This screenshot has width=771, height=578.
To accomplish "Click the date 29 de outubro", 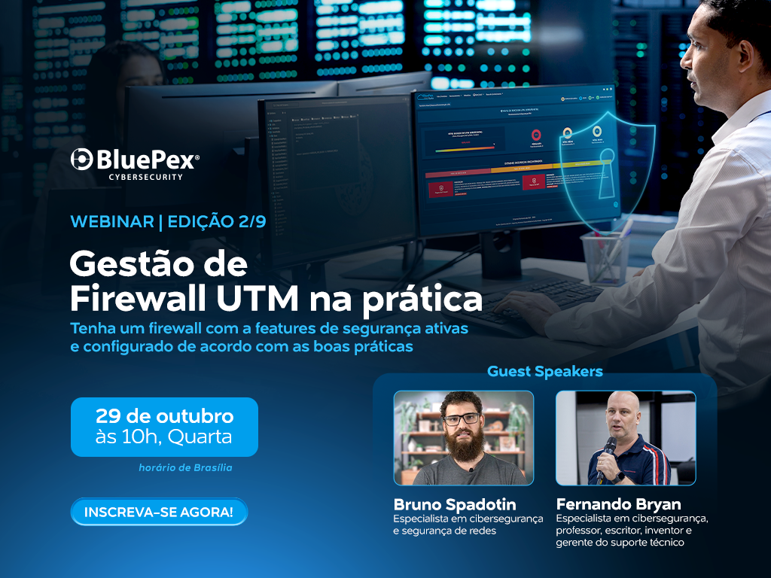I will coord(164,416).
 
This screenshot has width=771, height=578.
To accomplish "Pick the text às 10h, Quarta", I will coord(163,437).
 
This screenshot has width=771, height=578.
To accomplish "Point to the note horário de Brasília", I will coord(185,467).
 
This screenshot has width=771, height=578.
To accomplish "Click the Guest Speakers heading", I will coord(544,371).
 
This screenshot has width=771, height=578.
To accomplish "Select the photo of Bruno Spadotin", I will coord(463,437).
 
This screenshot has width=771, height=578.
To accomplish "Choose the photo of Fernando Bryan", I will coord(625,437).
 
